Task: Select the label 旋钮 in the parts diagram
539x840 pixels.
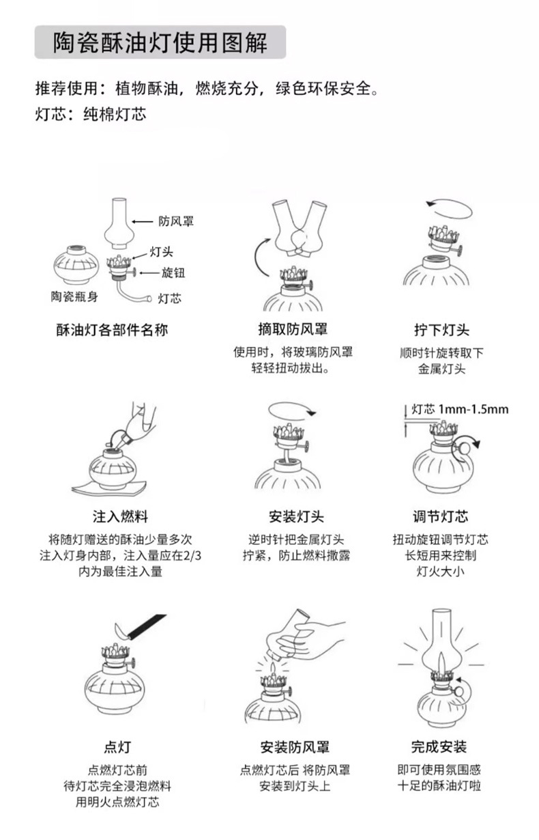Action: (173, 272)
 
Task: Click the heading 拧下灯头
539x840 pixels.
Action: (441, 330)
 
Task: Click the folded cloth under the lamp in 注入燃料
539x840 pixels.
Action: (112, 486)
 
